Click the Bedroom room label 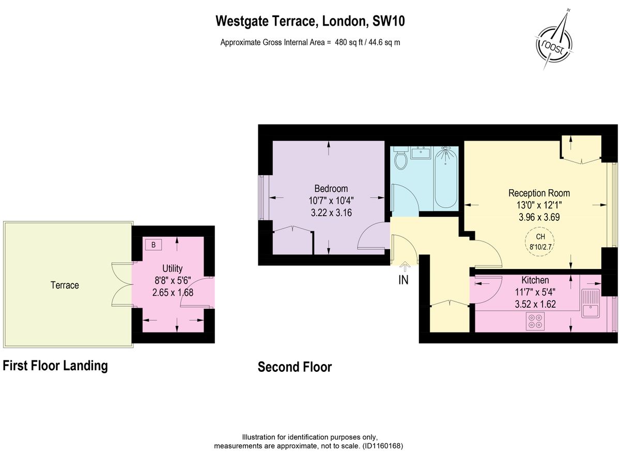[331, 189]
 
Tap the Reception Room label [539, 193]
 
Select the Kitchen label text [535, 280]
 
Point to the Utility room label [172, 268]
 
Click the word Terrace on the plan [65, 285]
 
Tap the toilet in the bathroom [400, 158]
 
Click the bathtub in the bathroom [445, 177]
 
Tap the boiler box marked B [153, 245]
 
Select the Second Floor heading [295, 367]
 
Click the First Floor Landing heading [55, 366]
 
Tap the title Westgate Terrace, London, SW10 [310, 21]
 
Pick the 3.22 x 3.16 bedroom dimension [331, 212]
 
